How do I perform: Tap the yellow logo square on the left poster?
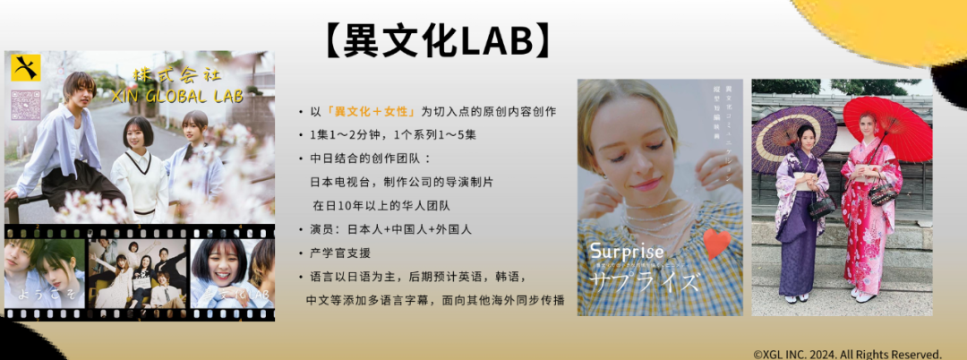[26, 68]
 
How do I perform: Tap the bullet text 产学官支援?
[339, 253]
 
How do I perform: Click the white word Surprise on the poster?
[627, 252]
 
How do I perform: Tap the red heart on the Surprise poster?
[717, 243]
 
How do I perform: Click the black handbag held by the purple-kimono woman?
[821, 204]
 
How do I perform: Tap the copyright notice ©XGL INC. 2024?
[847, 354]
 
